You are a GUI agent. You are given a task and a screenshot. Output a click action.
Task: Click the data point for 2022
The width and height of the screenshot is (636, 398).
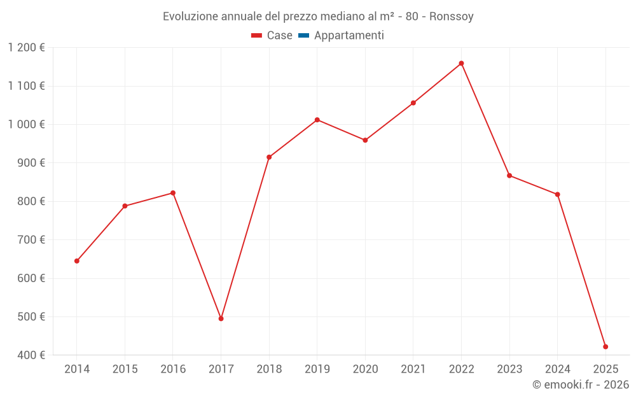point(461,64)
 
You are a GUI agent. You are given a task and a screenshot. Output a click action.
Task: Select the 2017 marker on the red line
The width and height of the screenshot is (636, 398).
point(221,318)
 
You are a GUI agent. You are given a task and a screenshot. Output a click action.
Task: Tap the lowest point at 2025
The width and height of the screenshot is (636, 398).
point(605,346)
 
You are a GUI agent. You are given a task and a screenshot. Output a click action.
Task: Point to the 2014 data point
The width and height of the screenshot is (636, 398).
point(77,261)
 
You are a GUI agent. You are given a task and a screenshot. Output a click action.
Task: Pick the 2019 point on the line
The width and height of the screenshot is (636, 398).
point(317,120)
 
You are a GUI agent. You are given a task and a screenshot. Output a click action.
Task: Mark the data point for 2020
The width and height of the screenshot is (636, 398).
point(365,140)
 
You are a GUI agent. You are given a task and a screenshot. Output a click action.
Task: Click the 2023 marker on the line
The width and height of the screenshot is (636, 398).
point(509,176)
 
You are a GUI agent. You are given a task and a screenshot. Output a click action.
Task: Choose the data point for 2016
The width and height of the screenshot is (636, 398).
point(173,193)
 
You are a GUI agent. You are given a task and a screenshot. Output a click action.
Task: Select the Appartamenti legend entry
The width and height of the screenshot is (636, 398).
point(349,36)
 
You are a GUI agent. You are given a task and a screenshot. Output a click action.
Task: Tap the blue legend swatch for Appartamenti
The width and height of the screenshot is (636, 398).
point(303,36)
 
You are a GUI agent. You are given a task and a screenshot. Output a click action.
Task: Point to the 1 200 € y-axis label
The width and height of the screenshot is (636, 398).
point(27,48)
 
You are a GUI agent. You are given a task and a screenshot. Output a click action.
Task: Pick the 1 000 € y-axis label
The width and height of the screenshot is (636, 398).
point(27,125)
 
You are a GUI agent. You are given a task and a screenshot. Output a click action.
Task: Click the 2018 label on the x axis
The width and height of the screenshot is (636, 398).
point(269,369)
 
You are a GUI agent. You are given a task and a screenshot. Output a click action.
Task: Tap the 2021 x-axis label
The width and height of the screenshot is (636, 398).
point(413,369)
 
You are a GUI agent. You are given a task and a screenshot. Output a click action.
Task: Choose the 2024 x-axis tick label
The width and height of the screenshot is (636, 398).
point(557,369)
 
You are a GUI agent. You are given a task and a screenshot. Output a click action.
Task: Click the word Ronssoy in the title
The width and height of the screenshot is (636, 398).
point(451,16)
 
